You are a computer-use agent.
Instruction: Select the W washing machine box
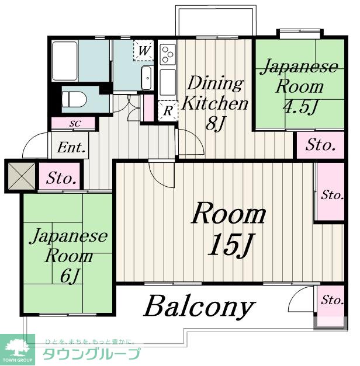click(144, 50)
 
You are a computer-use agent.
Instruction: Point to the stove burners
click(168, 54)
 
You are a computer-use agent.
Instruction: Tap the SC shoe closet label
click(75, 124)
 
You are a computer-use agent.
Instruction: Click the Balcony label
click(199, 306)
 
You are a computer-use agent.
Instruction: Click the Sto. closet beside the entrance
click(60, 177)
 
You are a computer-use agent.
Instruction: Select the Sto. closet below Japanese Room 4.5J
click(320, 145)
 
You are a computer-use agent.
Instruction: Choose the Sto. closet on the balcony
click(331, 301)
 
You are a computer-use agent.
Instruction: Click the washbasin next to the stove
click(147, 76)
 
